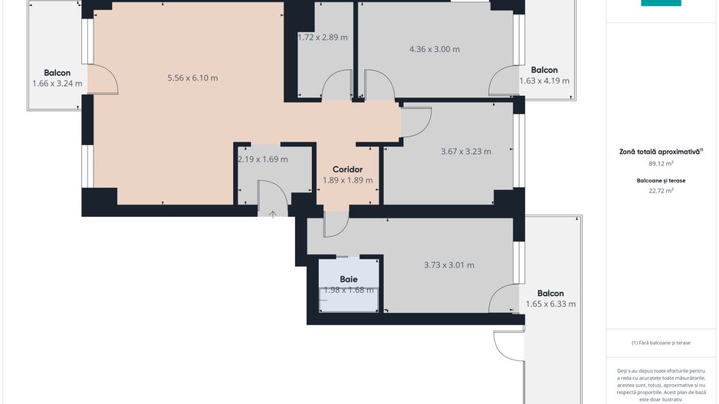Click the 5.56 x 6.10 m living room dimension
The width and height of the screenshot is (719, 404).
click(192, 77)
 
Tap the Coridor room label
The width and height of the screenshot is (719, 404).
click(347, 169)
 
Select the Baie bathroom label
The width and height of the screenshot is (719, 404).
click(349, 279)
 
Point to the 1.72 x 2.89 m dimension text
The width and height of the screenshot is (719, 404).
click(323, 37)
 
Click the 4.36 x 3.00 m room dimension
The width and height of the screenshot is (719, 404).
click(435, 49)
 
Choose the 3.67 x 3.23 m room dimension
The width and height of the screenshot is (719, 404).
click(466, 151)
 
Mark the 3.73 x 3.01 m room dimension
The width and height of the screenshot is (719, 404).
click(449, 265)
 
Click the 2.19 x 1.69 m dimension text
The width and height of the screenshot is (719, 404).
click(263, 159)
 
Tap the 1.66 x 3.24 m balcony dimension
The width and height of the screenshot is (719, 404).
click(57, 84)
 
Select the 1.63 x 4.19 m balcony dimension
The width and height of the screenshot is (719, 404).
click(544, 80)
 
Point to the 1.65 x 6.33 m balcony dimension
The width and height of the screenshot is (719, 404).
click(550, 304)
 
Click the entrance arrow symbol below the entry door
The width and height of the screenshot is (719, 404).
click(273, 215)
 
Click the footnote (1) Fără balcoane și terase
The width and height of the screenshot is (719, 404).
click(661, 343)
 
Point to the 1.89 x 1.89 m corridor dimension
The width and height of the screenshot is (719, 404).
click(347, 180)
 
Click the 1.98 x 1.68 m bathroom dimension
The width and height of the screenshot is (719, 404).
click(349, 290)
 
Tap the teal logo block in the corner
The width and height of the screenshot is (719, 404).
click(661, 3)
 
